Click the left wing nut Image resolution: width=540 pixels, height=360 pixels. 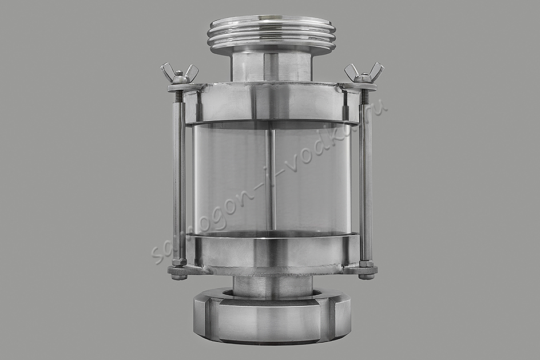point(179,73)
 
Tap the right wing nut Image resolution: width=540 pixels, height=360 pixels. point(364,73)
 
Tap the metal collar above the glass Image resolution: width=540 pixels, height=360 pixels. point(271,102)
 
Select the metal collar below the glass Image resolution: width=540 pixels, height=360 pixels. point(271,251)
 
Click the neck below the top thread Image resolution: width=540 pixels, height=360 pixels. point(271,66)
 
